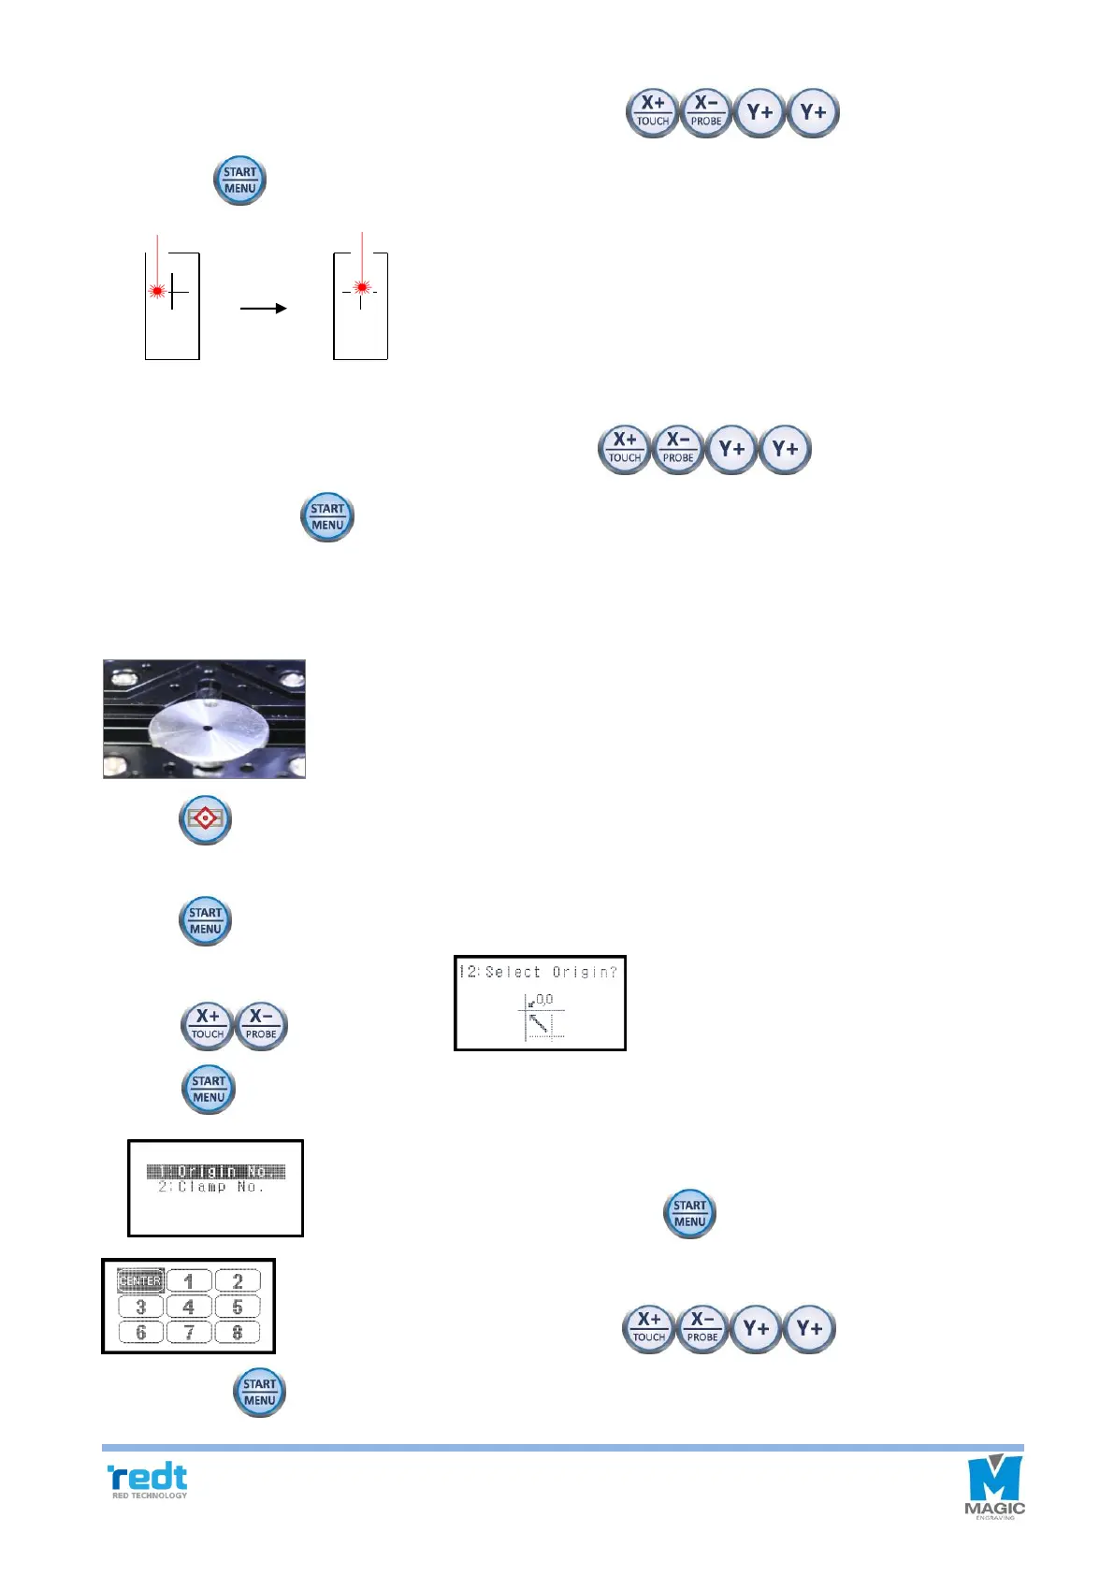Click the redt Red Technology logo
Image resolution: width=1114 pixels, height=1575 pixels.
click(x=149, y=1481)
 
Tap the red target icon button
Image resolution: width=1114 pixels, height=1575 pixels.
click(x=205, y=820)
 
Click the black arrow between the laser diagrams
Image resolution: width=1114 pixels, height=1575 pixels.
click(x=263, y=308)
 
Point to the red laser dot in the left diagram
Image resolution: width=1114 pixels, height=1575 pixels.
click(x=157, y=291)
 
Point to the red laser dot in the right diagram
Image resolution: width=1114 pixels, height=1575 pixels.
click(x=362, y=287)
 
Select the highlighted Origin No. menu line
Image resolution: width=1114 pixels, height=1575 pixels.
click(x=216, y=1171)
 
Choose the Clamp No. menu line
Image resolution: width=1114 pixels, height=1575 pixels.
click(x=211, y=1187)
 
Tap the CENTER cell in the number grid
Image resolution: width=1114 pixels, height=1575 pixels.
click(x=140, y=1281)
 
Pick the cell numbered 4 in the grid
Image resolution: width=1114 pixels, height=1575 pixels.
click(x=189, y=1307)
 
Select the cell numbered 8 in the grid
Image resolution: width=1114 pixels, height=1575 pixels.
click(x=238, y=1332)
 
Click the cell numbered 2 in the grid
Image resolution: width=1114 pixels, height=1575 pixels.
click(x=238, y=1281)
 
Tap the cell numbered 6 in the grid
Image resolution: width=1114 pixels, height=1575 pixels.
click(x=140, y=1332)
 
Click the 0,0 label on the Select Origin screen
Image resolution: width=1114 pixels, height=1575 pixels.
click(x=544, y=999)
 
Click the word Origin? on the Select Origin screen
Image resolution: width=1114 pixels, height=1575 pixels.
click(x=585, y=973)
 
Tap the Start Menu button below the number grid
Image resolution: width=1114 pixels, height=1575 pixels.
click(x=259, y=1393)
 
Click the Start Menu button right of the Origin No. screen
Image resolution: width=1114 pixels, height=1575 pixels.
click(x=689, y=1214)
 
